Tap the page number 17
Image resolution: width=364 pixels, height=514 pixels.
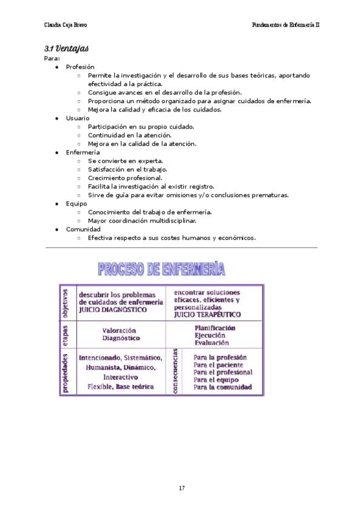pos(181,489)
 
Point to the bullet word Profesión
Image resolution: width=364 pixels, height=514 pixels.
pos(80,67)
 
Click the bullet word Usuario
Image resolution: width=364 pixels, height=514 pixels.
pos(78,118)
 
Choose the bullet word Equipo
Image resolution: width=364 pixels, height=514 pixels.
pos(76,204)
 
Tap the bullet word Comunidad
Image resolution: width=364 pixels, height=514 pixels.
pos(83,229)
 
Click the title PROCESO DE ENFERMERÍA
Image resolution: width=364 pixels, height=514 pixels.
pos(161,269)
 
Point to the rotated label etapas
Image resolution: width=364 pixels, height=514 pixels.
pos(66,333)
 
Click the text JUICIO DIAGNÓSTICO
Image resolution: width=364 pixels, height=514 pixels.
pos(113,309)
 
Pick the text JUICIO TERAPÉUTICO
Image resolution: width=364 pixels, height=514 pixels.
pos(207,315)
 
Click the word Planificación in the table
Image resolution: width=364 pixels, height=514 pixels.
pos(215,328)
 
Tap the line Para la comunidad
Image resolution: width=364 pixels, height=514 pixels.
pos(223,387)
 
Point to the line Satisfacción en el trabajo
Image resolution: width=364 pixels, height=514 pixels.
pos(127,170)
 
